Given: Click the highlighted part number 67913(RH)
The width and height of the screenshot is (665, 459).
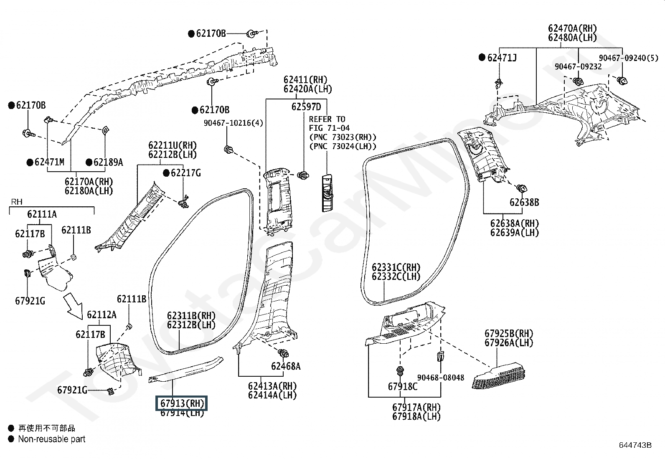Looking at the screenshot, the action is coord(182,403).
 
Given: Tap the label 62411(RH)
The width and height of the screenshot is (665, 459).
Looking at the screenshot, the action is coord(305,80).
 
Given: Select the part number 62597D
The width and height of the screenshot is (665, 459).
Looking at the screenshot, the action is coord(306,107).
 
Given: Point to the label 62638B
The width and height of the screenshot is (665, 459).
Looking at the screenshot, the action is coord(524,203).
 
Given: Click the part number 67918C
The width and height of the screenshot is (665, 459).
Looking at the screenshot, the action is coord(403,387).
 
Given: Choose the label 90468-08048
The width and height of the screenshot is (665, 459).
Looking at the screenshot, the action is coord(441,378).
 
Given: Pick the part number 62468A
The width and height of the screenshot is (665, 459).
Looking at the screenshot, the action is coord(286,366).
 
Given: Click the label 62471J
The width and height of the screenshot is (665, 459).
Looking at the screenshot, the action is coord(502,58).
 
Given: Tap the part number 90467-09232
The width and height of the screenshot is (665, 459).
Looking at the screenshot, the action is coord(578,66).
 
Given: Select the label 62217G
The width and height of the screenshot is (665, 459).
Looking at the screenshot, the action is coord(185,173).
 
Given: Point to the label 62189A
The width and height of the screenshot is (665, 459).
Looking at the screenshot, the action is coord(108,162).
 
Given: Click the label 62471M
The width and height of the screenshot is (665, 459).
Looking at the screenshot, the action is coord(49,162).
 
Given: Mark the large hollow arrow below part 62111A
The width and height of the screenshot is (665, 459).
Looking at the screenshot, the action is coord(73,306).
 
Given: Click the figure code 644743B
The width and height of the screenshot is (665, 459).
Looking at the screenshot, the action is coord(635,445).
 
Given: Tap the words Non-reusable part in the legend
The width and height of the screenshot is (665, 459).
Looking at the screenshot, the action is coord(52,439).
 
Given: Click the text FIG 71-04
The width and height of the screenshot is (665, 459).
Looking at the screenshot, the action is coord(329,128).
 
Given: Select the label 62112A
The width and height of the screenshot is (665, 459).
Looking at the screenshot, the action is coord(102,315).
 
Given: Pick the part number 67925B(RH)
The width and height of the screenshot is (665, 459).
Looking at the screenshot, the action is coord(509,333).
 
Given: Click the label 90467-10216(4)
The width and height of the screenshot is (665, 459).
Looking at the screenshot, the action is coord(234,123).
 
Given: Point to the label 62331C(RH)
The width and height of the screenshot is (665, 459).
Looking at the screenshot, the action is coord(396,267).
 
